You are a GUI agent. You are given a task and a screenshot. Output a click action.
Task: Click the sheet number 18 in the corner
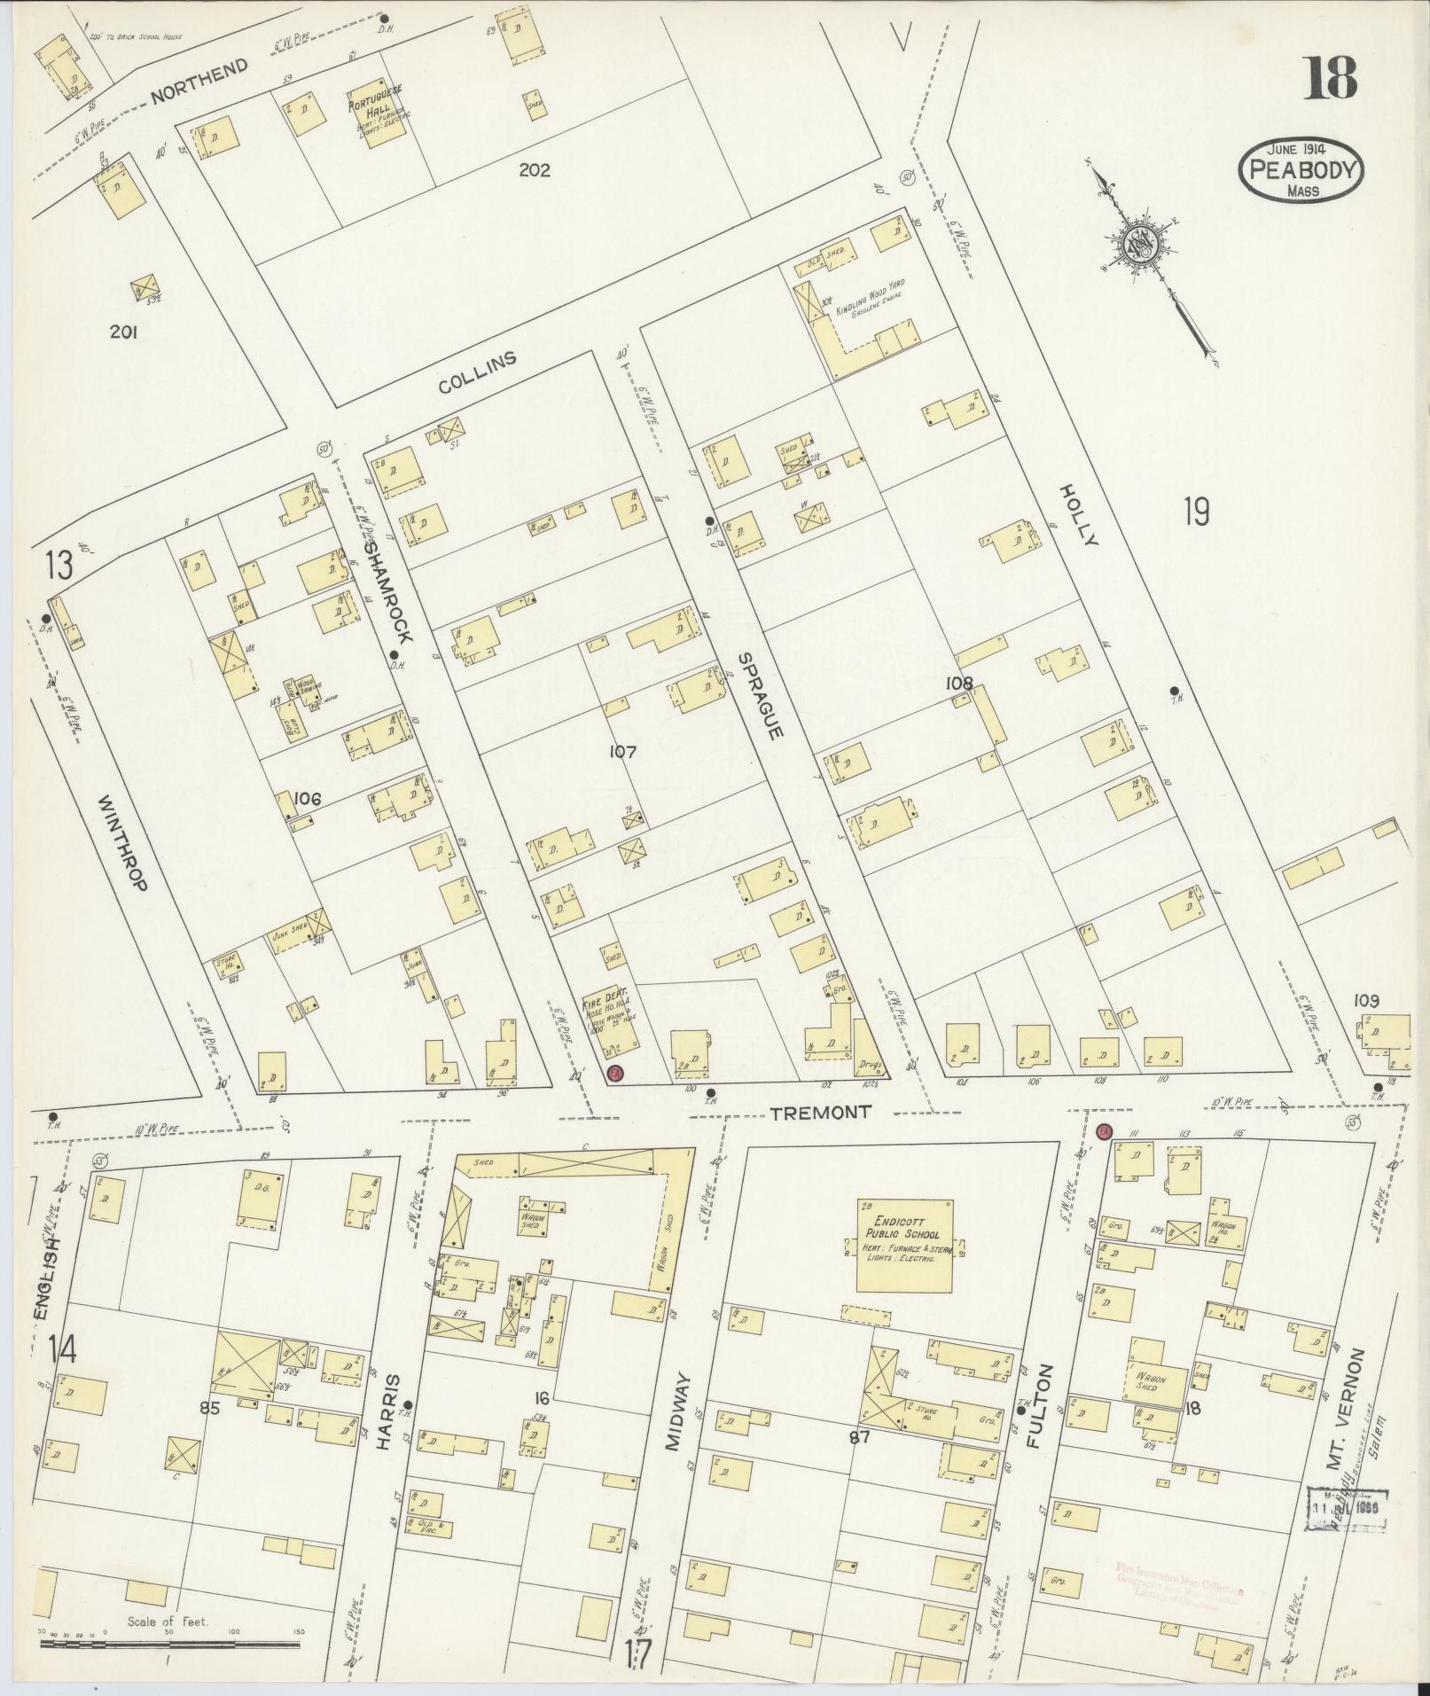coord(1329,79)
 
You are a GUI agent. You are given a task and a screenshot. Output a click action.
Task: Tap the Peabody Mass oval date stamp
coord(1301,170)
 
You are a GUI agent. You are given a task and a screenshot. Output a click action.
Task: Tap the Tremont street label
coord(820,1112)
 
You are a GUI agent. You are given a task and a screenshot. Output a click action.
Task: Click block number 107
coord(623,752)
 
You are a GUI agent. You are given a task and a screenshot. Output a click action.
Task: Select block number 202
coord(535,170)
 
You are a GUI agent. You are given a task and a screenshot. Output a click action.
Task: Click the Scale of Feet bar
coord(168,1643)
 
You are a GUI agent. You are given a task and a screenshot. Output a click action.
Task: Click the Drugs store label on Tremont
coord(867,1063)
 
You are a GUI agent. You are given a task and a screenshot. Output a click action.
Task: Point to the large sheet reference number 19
coord(1196,512)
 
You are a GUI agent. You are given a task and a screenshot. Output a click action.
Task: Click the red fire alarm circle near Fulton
coord(1104,1131)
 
